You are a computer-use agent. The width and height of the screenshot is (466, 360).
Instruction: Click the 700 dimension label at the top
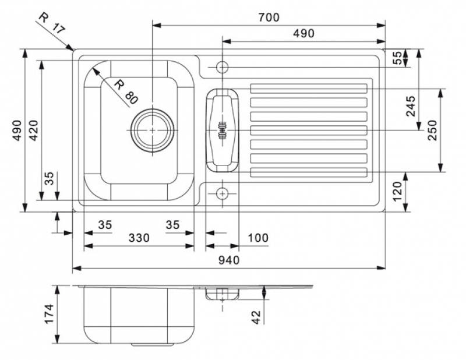[x=269, y=17]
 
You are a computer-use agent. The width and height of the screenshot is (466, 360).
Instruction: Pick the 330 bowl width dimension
[x=139, y=238]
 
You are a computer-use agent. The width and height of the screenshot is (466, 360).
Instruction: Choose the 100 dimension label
[x=257, y=238]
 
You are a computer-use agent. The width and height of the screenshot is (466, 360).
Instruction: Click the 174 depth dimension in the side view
[x=49, y=315]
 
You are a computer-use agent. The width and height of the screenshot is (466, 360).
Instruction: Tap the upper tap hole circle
[x=221, y=66]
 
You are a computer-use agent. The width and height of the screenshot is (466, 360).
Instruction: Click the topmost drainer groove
[x=309, y=89]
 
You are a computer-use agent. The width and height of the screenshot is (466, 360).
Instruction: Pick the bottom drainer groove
[x=309, y=172]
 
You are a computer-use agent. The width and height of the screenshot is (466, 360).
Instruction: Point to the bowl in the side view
[x=139, y=315]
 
